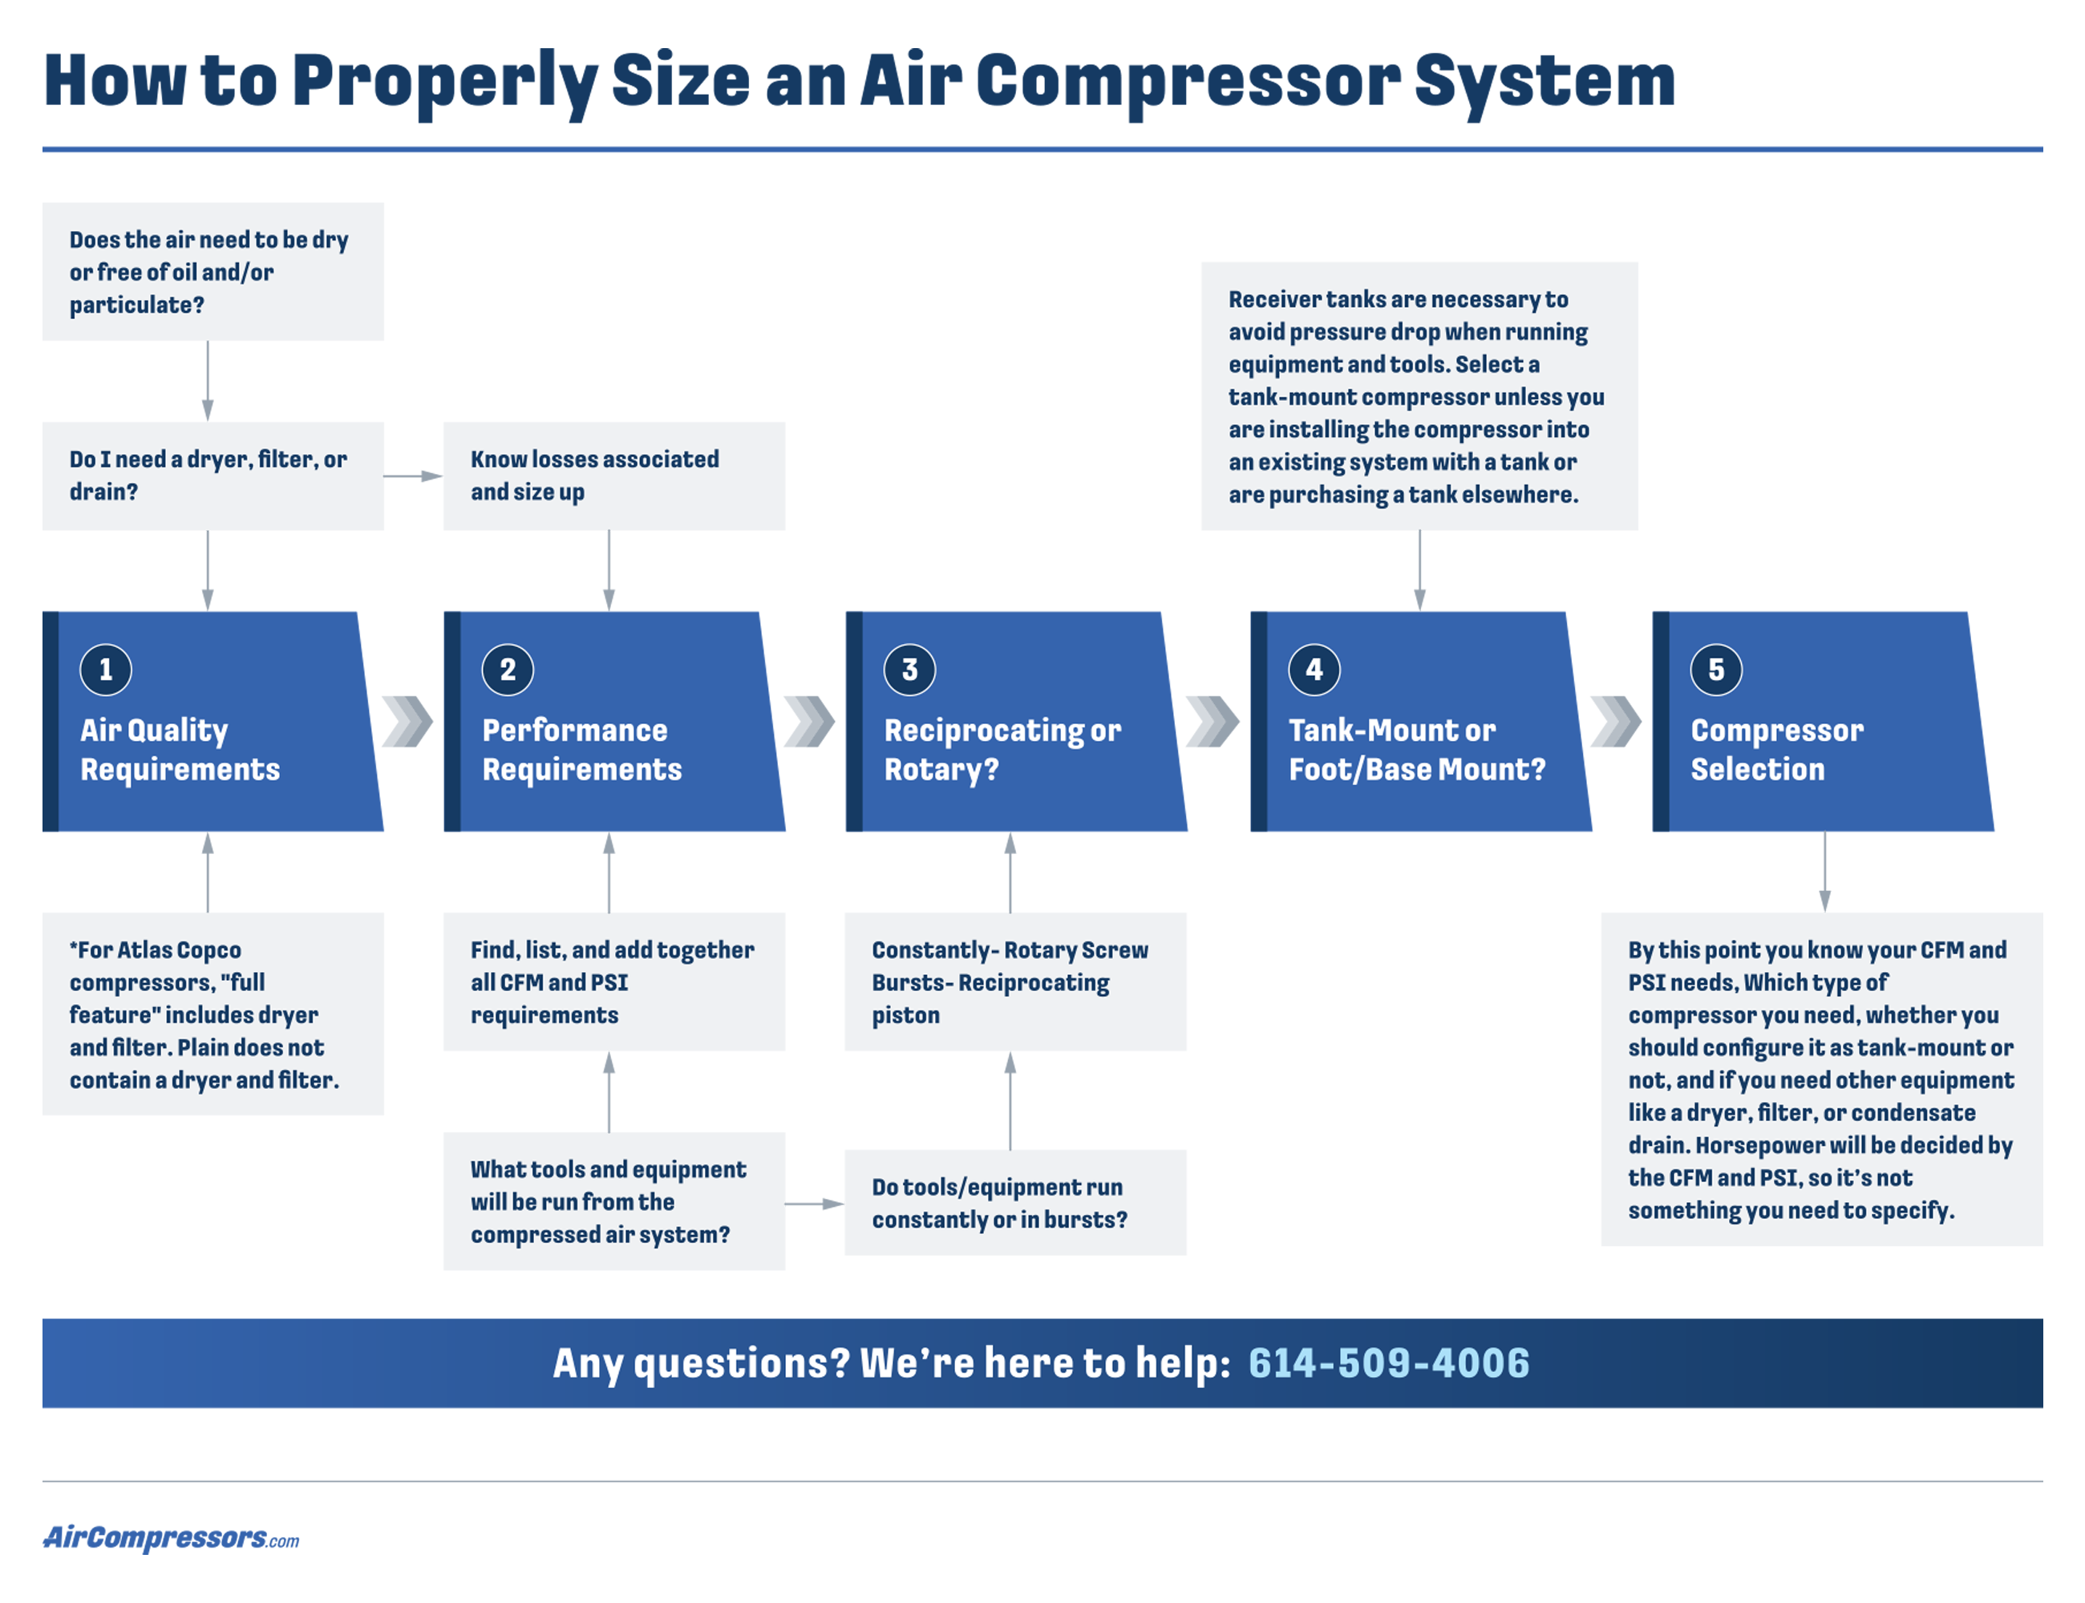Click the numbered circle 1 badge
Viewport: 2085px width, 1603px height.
[x=105, y=670]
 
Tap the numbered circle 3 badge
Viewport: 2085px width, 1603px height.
[x=909, y=670]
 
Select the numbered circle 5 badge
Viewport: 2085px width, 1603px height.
[x=1715, y=670]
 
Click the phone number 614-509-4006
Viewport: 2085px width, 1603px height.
[x=1387, y=1362]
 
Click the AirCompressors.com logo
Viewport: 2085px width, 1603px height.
[x=171, y=1537]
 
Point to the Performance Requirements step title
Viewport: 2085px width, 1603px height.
[x=581, y=749]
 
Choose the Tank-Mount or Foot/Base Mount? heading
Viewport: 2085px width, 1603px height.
[x=1415, y=749]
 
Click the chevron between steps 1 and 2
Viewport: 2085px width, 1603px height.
[x=407, y=722]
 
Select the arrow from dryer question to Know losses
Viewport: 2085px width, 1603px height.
[x=412, y=476]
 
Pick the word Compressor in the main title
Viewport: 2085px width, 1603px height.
[x=1186, y=81]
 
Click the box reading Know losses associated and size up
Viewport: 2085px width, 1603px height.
[x=613, y=476]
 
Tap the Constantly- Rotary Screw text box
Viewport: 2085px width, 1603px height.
[x=1014, y=982]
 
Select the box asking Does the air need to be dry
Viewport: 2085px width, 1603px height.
[x=213, y=271]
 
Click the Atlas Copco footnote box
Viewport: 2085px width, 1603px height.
[x=213, y=1014]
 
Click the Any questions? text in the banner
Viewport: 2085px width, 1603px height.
[x=700, y=1362]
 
